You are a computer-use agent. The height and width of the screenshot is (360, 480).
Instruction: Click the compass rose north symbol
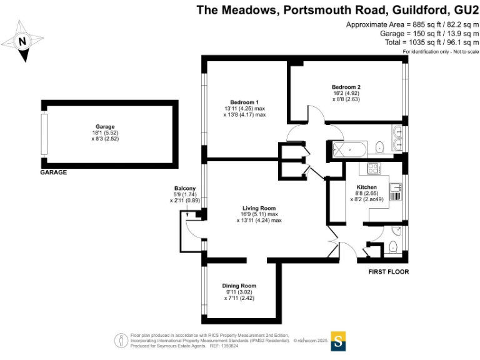(x=23, y=41)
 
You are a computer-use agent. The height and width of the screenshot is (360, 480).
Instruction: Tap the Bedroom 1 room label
(x=244, y=102)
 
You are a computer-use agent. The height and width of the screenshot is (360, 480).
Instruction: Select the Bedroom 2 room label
(x=346, y=87)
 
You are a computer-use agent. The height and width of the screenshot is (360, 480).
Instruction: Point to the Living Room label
(x=259, y=208)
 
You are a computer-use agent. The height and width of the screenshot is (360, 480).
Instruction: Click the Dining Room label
(x=239, y=286)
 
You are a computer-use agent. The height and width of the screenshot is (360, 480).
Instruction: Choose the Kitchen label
(x=366, y=187)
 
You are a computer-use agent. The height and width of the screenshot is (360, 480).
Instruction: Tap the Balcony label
(x=185, y=189)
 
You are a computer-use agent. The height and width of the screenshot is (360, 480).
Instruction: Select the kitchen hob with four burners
(x=374, y=168)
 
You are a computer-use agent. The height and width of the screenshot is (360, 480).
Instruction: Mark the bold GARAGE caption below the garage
(x=54, y=172)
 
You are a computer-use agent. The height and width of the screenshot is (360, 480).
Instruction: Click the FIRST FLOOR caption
(x=389, y=272)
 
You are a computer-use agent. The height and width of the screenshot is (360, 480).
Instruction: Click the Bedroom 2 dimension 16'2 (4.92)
(x=346, y=93)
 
